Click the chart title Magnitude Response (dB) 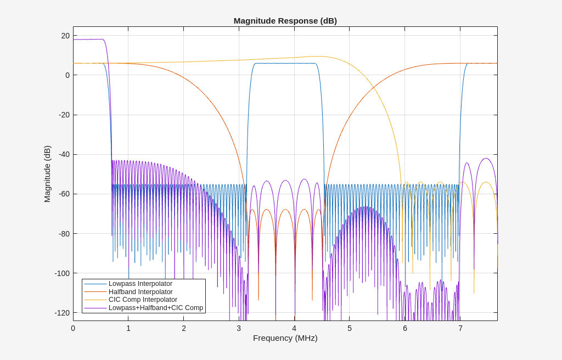click(x=285, y=21)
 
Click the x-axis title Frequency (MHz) click(x=285, y=338)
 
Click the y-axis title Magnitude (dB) click(x=47, y=174)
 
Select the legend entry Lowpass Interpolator click(x=140, y=284)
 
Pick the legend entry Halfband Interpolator click(x=140, y=292)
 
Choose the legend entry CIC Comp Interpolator click(x=143, y=300)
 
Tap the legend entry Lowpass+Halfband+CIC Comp click(x=155, y=308)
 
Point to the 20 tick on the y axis click(x=65, y=36)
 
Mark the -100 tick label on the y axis click(x=61, y=273)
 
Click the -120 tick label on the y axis click(x=61, y=313)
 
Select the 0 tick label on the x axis click(x=73, y=328)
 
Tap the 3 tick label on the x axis click(x=239, y=328)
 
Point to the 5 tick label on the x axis click(x=350, y=328)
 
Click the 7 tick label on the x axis click(x=460, y=328)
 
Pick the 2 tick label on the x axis click(x=184, y=328)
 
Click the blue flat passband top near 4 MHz click(x=285, y=63)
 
